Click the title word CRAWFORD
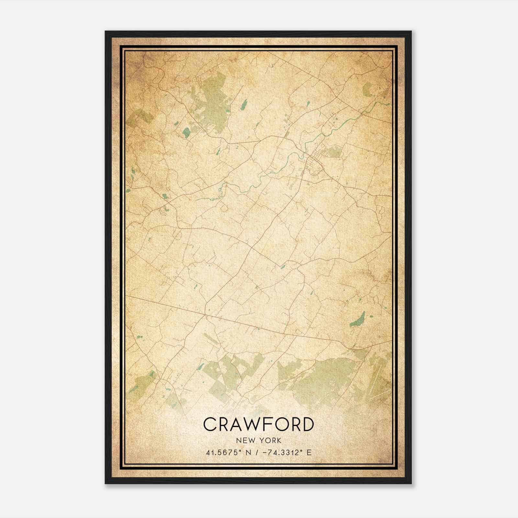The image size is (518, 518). tap(258, 424)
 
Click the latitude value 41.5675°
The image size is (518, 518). tap(223, 452)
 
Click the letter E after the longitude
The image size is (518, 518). tap(309, 452)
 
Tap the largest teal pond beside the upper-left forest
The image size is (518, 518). tap(186, 132)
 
